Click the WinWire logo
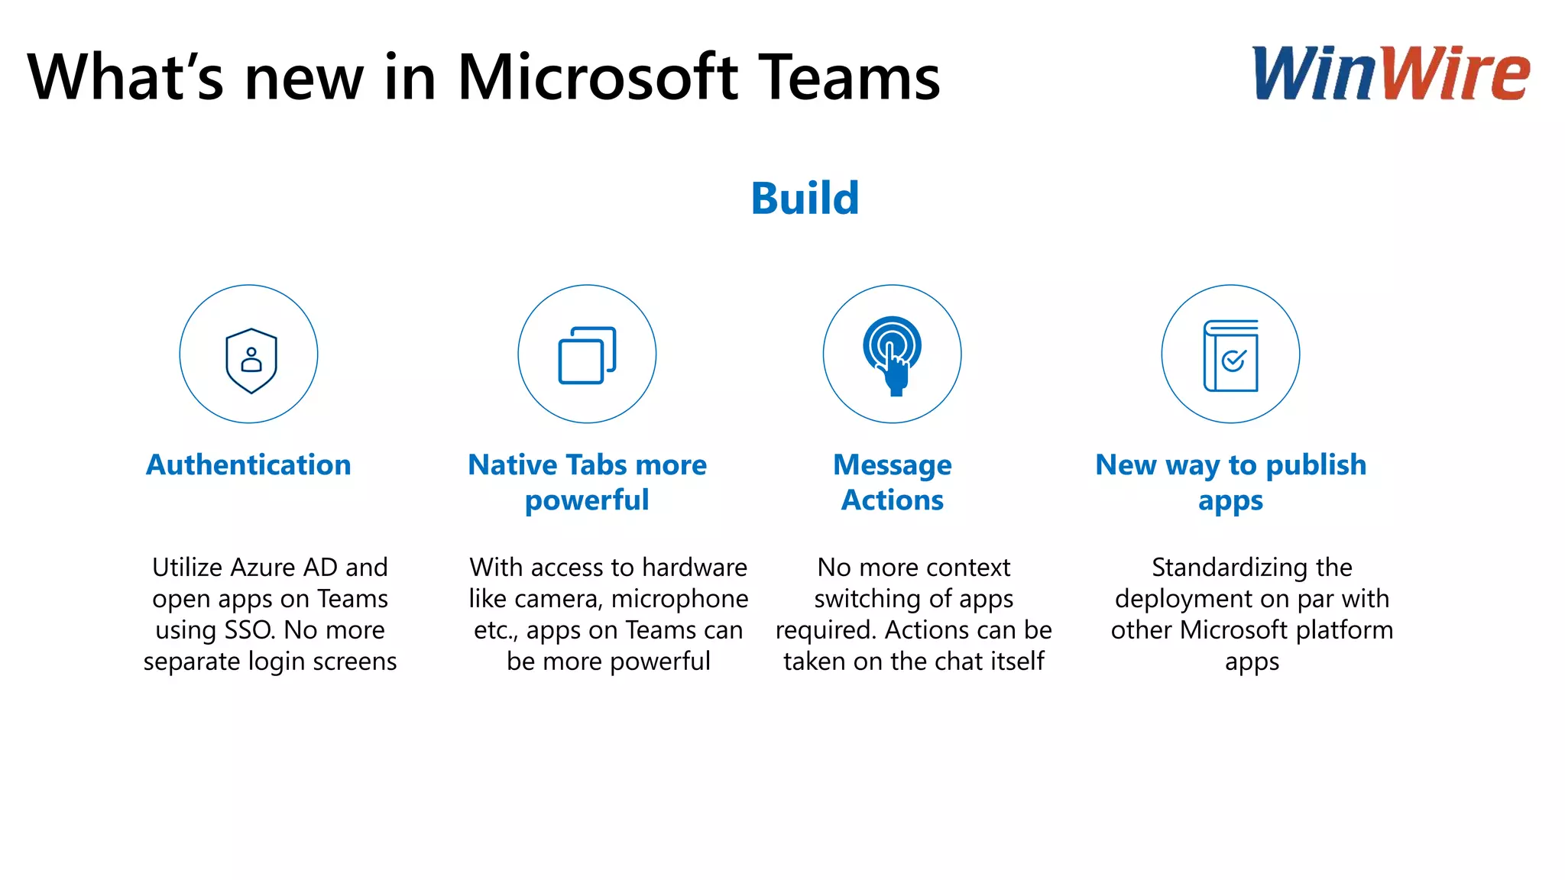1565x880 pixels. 1390,73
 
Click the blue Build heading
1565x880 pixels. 805,199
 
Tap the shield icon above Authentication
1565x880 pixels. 251,361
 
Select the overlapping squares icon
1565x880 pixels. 587,355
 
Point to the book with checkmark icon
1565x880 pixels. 1230,355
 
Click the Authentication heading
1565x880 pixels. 248,464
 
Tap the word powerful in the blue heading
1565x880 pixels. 587,500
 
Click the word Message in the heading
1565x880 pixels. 892,464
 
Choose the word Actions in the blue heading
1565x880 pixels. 892,500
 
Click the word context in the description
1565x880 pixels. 967,568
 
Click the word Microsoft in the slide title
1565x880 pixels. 598,78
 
